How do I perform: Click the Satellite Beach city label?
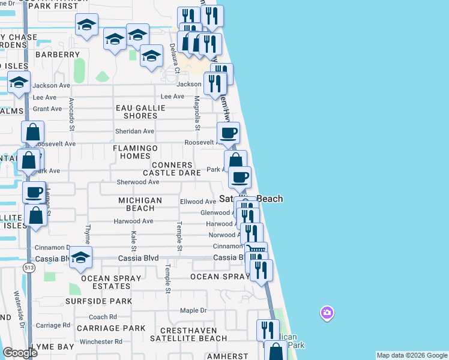click(251, 199)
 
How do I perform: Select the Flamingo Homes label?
click(135, 152)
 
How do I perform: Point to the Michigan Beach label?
click(140, 204)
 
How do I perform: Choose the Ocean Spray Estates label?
click(110, 282)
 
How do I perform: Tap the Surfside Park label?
click(98, 301)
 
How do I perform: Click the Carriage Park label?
click(110, 328)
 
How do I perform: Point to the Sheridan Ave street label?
click(134, 131)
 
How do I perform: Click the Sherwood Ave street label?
click(138, 182)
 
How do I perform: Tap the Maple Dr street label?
click(193, 311)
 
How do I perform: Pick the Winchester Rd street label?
click(101, 342)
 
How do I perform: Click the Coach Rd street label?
click(98, 317)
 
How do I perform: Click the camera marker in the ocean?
click(327, 313)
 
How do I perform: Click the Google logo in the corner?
click(19, 353)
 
